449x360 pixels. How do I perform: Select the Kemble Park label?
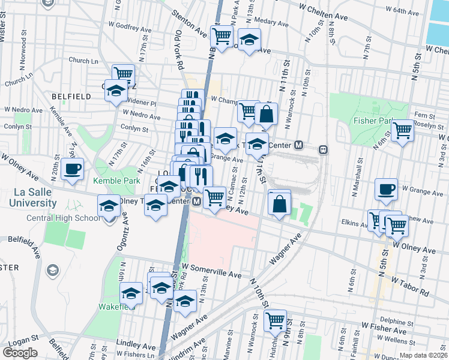pos(116,181)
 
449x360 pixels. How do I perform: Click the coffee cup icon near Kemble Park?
pos(72,169)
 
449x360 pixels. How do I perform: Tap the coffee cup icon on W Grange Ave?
pos(386,190)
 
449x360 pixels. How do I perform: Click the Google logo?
pos(20,353)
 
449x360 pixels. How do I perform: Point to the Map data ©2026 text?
pos(424,355)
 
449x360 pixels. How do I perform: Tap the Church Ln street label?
pos(83,61)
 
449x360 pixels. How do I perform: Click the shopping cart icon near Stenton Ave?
pos(222,37)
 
